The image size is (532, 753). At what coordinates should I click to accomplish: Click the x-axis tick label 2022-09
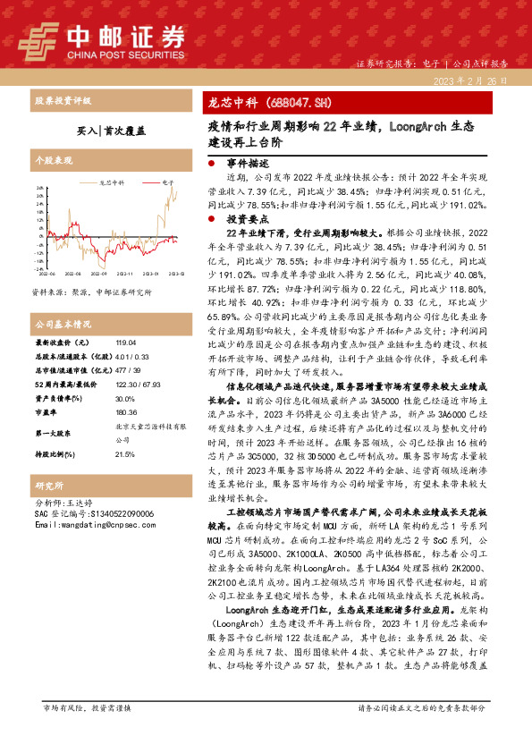pyautogui.click(x=73, y=275)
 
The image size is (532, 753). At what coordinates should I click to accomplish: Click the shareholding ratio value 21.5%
pyautogui.click(x=123, y=430)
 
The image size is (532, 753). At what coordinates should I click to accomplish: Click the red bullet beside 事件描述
pyautogui.click(x=210, y=165)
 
